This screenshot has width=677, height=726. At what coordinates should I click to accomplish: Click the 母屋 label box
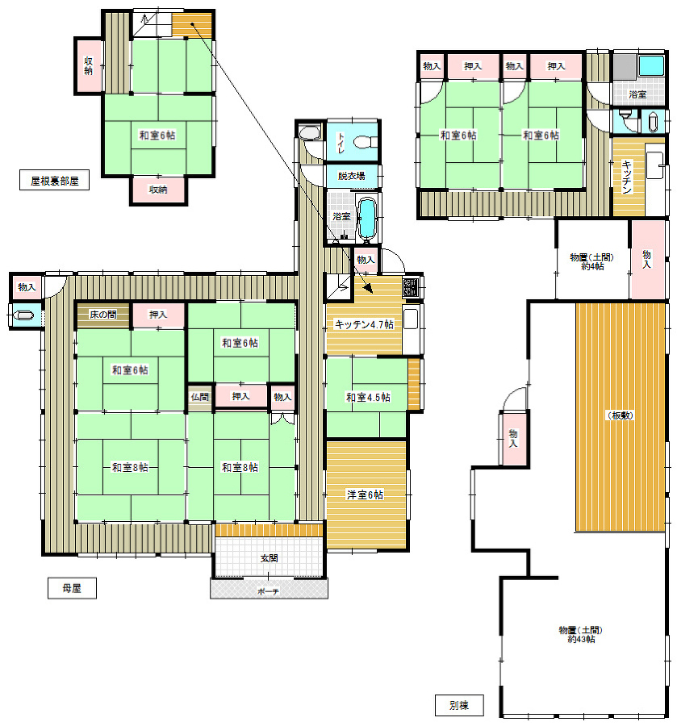point(72,588)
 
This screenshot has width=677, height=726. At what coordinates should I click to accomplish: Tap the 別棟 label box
point(459,705)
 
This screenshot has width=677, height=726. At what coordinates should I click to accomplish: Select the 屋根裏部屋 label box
point(54,180)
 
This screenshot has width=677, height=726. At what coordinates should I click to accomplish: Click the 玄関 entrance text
point(269,558)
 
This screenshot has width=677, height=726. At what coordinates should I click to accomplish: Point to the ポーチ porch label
point(268,591)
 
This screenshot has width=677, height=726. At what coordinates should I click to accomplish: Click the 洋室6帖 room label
point(365,494)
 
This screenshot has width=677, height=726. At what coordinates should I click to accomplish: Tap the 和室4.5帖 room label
point(368,397)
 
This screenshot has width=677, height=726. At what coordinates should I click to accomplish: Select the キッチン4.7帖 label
point(364,324)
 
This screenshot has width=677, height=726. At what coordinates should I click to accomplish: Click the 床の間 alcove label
point(102,315)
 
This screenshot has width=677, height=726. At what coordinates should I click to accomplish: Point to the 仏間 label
point(200,397)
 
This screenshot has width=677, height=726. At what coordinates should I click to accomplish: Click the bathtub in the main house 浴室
point(367,218)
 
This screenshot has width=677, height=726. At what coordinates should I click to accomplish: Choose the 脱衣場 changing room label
point(351,176)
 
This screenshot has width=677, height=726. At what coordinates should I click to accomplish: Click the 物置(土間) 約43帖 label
point(580,634)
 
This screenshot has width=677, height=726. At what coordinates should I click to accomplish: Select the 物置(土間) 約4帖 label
point(591,261)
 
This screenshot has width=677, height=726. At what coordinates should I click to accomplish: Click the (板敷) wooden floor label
point(621,415)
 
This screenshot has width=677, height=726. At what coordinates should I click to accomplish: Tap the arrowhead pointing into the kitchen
point(368,288)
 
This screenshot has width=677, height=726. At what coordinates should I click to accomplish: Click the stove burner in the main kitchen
point(410,287)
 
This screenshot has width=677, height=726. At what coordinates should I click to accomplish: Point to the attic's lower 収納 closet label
point(158,190)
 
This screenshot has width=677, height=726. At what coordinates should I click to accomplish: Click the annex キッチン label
point(626,177)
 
